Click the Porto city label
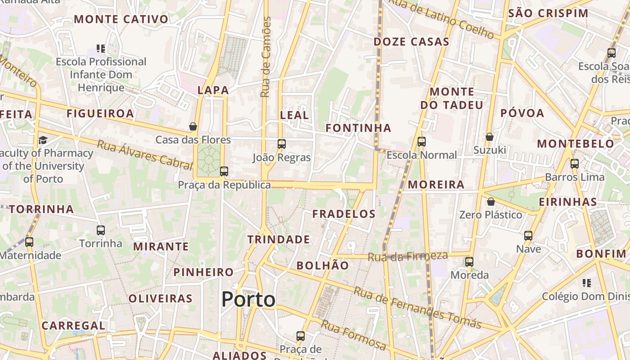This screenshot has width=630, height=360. pyautogui.click(x=248, y=300)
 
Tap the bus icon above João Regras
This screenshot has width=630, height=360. pyautogui.click(x=282, y=144)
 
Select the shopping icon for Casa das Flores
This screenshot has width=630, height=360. pyautogui.click(x=193, y=127)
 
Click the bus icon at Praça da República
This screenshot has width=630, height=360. pyautogui.click(x=224, y=171)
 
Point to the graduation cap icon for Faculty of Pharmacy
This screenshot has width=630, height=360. pyautogui.click(x=43, y=140)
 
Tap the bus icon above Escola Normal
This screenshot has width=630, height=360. pyautogui.click(x=422, y=142)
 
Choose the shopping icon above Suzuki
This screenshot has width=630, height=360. pyautogui.click(x=490, y=137)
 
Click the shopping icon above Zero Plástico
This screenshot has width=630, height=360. pyautogui.click(x=491, y=202)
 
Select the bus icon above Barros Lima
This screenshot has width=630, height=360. pyautogui.click(x=575, y=164)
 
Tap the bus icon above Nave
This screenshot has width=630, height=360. pyautogui.click(x=528, y=236)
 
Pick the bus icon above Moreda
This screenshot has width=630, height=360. pyautogui.click(x=469, y=262)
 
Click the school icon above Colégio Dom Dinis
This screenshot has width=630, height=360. pyautogui.click(x=587, y=283)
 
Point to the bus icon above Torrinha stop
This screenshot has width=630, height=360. pyautogui.click(x=101, y=230)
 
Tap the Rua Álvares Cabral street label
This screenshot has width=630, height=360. pyautogui.click(x=145, y=154)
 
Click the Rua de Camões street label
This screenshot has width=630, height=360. pyautogui.click(x=266, y=57)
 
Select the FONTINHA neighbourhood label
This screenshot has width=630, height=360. pyautogui.click(x=358, y=128)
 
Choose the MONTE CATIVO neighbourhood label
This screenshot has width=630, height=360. pyautogui.click(x=121, y=19)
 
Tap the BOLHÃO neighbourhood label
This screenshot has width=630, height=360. pyautogui.click(x=323, y=265)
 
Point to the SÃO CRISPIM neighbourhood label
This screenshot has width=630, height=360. pyautogui.click(x=548, y=13)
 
